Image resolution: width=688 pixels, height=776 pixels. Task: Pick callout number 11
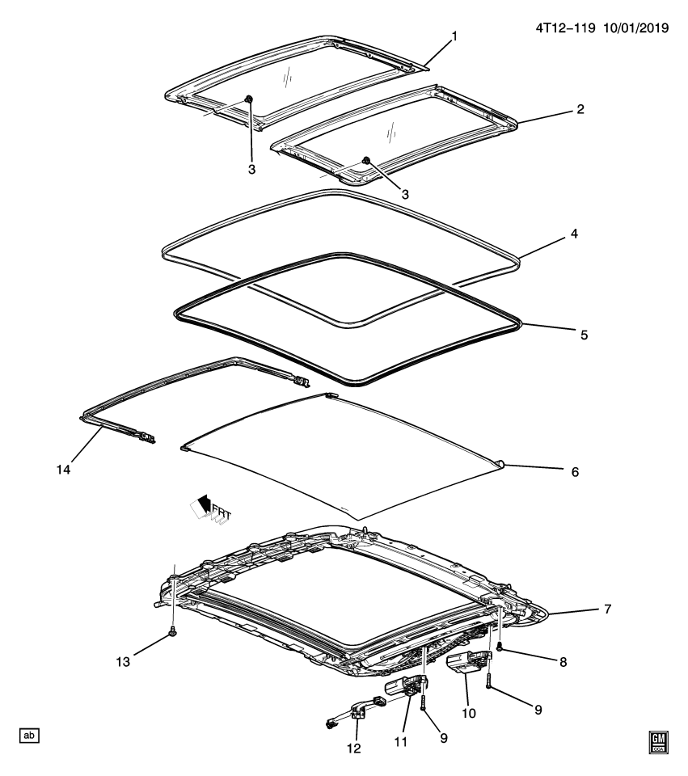(x=403, y=718)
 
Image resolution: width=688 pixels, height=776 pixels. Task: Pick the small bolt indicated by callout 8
(x=501, y=648)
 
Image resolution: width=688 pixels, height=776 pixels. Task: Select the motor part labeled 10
(x=467, y=664)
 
